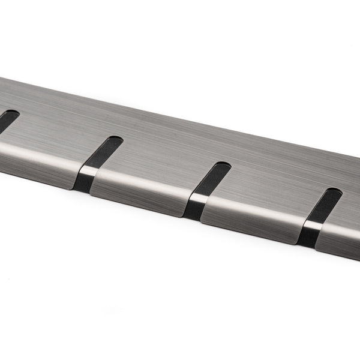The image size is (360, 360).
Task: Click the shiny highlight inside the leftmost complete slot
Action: coord(88,172)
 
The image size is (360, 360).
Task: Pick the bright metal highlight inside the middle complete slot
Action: coord(197,197)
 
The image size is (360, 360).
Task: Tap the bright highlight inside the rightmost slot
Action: coord(310,226)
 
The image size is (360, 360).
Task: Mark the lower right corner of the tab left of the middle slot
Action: coord(182,215)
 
